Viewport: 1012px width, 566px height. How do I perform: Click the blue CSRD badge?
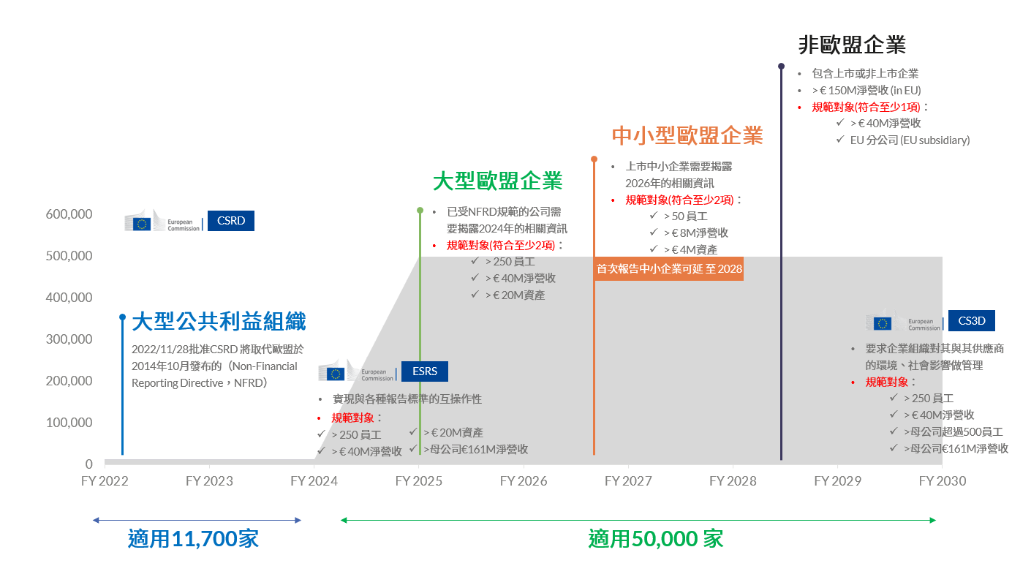click(x=230, y=221)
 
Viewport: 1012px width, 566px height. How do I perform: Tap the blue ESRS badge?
click(x=424, y=371)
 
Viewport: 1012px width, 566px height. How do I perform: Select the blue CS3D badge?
click(x=971, y=320)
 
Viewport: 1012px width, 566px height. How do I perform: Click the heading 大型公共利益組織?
click(x=219, y=321)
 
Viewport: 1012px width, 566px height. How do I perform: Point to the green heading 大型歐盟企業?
click(x=497, y=181)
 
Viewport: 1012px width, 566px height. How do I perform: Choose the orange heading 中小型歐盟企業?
click(x=687, y=135)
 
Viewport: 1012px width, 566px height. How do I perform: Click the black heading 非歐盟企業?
click(x=852, y=45)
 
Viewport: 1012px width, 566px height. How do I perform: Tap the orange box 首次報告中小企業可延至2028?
click(x=669, y=269)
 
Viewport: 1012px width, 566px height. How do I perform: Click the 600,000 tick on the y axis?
click(x=69, y=214)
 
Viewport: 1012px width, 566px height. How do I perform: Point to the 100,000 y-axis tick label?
click(x=69, y=423)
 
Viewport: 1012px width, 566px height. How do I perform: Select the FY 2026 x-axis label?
click(x=524, y=481)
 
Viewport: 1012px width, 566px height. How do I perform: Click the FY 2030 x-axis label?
click(x=942, y=481)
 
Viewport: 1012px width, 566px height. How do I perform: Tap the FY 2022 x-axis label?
click(x=105, y=481)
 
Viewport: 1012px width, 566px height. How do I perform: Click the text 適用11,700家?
click(x=193, y=539)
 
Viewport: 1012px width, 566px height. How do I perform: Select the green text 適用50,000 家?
click(x=655, y=539)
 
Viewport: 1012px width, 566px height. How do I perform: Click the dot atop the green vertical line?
click(x=420, y=211)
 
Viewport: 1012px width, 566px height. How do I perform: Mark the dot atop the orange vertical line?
click(x=594, y=159)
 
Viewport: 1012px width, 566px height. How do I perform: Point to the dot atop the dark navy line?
click(x=781, y=67)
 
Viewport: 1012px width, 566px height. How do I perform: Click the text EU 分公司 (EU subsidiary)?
click(x=910, y=140)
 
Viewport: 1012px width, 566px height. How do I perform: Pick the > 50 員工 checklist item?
click(x=685, y=216)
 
